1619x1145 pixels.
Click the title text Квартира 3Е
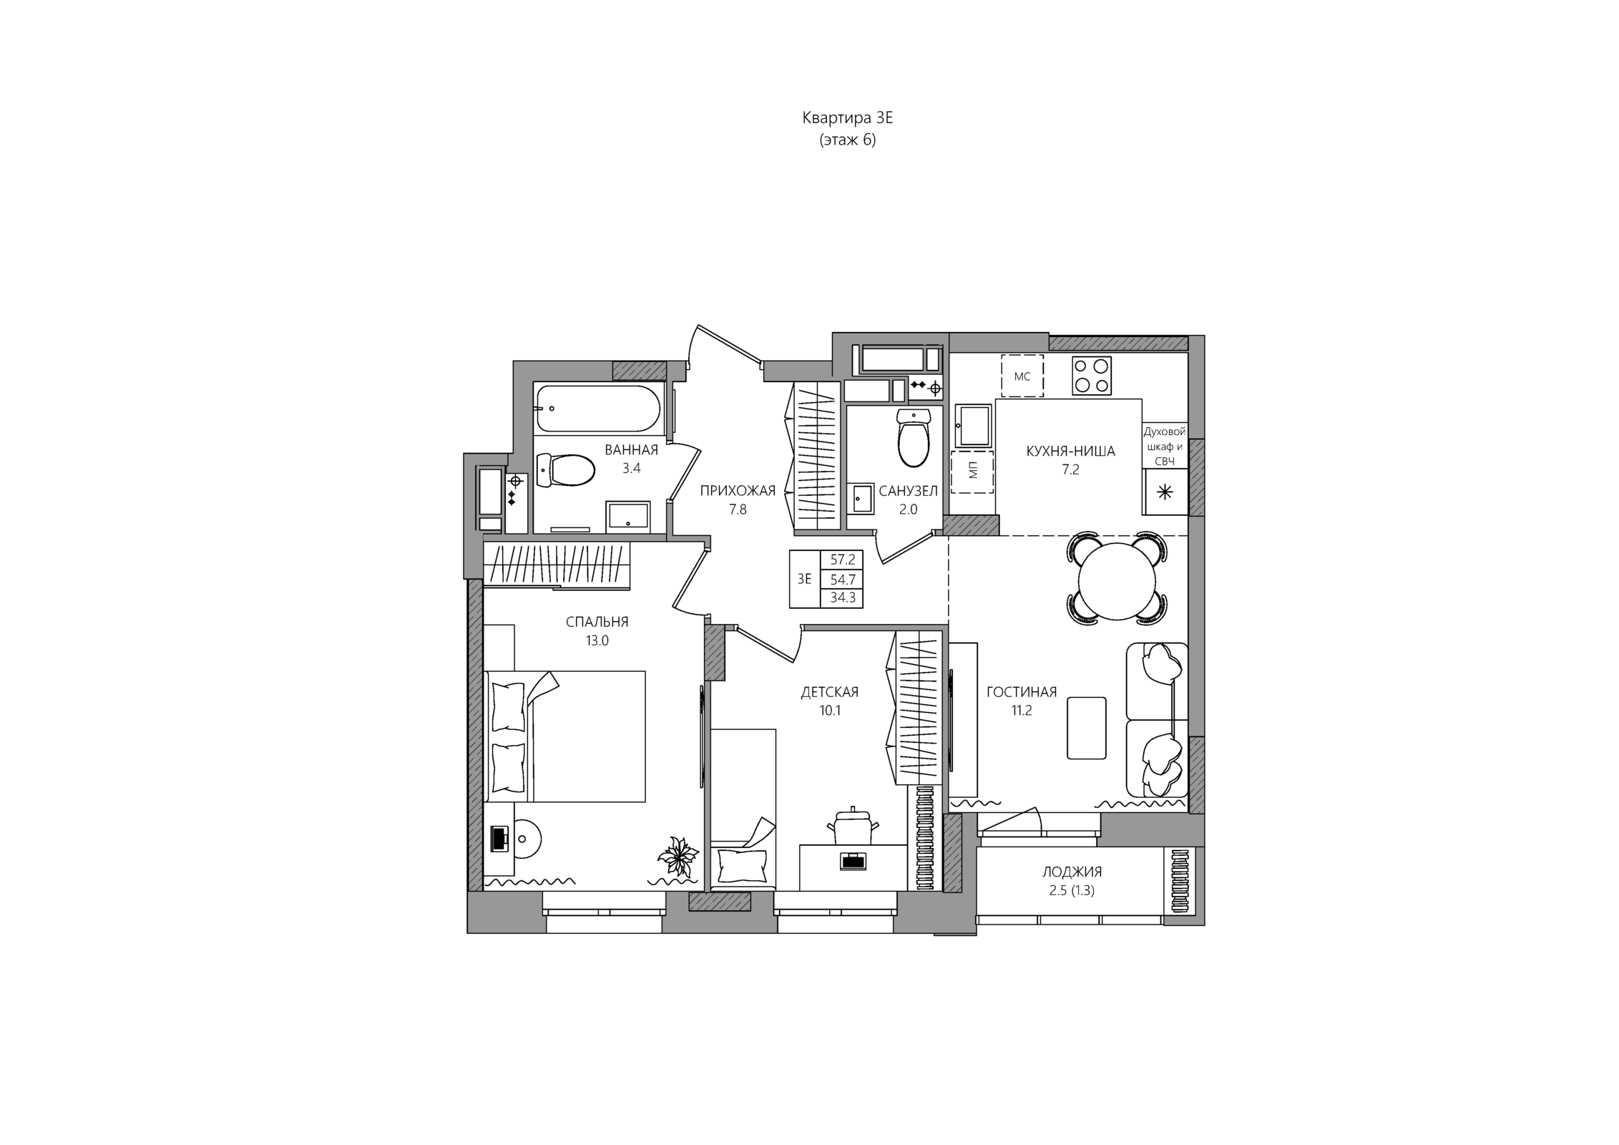[x=847, y=118]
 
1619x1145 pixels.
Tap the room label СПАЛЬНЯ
[x=597, y=622]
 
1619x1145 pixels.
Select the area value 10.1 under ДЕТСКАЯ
[x=830, y=711]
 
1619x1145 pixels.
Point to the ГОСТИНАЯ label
[x=1021, y=692]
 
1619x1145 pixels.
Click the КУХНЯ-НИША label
[x=1070, y=452]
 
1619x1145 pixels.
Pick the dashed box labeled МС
[x=1022, y=376]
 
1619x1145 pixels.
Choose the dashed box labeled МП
[x=972, y=472]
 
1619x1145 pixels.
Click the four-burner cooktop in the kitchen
[x=1092, y=376]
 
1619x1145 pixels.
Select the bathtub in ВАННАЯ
[x=598, y=409]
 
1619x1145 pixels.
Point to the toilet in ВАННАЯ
[x=565, y=470]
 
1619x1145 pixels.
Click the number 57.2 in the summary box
[x=843, y=560]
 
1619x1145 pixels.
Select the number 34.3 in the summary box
[x=843, y=598]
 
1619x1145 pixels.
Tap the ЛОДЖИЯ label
[x=1072, y=872]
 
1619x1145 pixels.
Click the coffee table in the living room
[x=1086, y=728]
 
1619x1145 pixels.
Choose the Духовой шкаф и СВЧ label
[x=1165, y=447]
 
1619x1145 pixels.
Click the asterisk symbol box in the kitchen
[x=1165, y=492]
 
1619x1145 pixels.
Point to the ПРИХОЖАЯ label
[x=738, y=491]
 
